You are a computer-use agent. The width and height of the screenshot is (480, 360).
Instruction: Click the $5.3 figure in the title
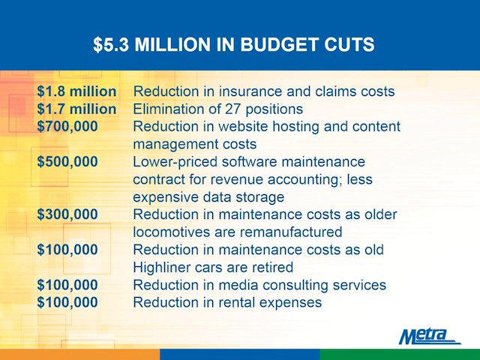point(111,45)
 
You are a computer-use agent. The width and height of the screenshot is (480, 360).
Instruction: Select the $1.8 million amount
point(76,91)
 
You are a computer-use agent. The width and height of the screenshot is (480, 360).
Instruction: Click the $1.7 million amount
point(76,109)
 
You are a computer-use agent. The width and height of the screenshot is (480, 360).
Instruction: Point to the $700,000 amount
point(67,127)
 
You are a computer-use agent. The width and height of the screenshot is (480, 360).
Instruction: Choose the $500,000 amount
point(67,162)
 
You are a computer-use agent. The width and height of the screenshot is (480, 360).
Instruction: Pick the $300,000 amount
point(67,214)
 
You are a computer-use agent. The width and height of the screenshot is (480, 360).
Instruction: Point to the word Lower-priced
point(175,163)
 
